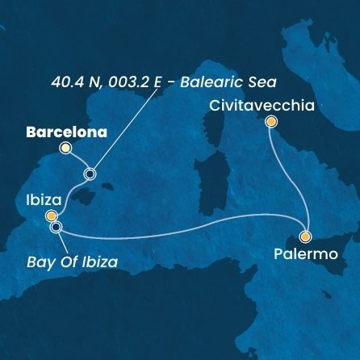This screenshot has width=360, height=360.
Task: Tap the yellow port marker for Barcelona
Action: (65, 148)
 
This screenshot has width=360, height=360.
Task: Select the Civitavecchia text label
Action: (249, 106)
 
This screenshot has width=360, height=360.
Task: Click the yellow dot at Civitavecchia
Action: (271, 122)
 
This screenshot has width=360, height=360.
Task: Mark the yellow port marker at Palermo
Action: (305, 237)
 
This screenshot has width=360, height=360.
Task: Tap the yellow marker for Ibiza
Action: (51, 216)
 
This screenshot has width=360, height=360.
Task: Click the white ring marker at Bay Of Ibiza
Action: (56, 227)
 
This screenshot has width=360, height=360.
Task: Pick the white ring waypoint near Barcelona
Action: (90, 173)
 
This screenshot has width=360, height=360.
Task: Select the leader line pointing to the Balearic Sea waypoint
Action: (129, 129)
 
